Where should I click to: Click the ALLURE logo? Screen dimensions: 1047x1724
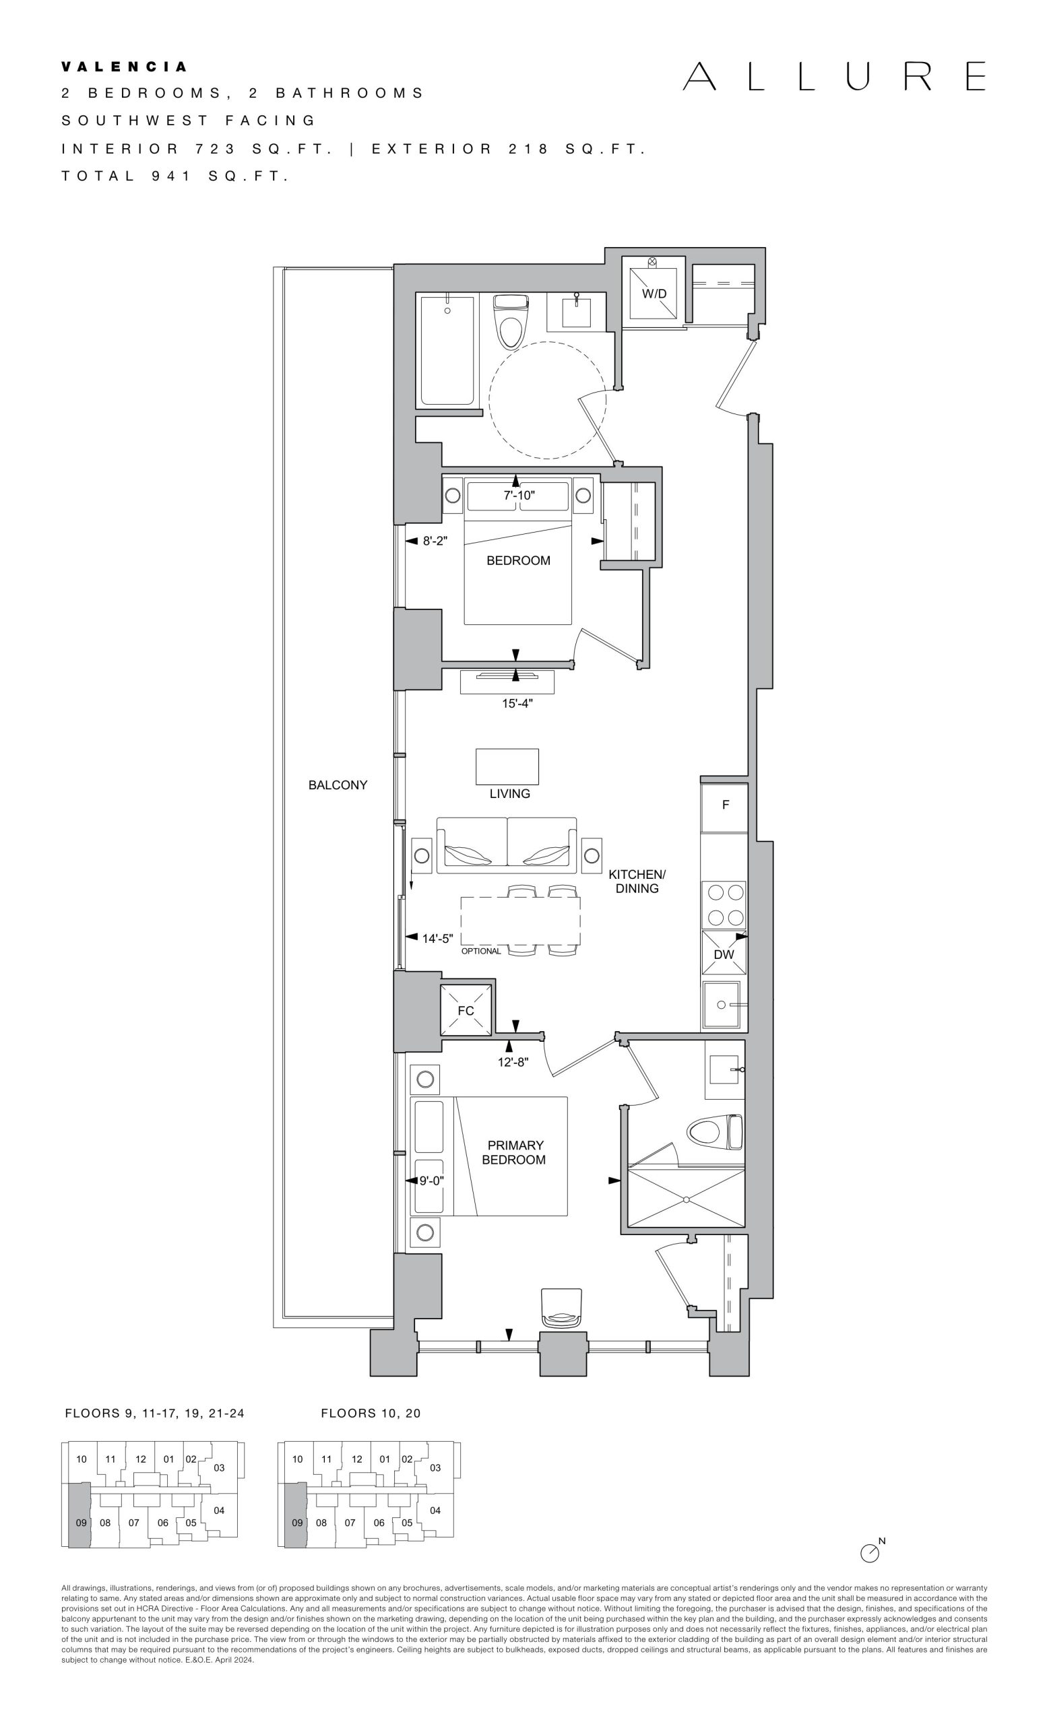pos(834,76)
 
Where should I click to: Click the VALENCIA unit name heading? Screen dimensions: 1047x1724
pos(125,67)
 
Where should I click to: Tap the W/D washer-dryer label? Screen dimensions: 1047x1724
pos(654,294)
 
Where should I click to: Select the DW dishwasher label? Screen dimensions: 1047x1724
pos(724,954)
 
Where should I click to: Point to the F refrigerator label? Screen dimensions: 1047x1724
pos(726,805)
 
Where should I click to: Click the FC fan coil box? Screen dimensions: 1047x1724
pos(466,1010)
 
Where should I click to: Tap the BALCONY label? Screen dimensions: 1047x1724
pos(338,785)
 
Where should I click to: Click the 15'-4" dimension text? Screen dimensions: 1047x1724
pos(517,703)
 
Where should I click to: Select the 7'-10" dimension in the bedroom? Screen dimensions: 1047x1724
pos(519,496)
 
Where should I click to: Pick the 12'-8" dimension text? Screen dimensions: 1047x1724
pos(513,1062)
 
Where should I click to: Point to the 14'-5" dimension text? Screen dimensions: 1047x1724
pos(437,938)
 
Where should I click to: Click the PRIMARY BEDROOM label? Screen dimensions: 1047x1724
pos(514,1152)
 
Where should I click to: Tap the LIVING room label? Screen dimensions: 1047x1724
pos(509,793)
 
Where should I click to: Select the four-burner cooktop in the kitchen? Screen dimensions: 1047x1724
pos(724,904)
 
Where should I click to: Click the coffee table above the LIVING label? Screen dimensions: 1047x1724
pos(507,766)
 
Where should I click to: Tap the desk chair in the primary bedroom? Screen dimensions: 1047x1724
pos(561,1308)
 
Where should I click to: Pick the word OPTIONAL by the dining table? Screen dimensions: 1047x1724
pos(481,952)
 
